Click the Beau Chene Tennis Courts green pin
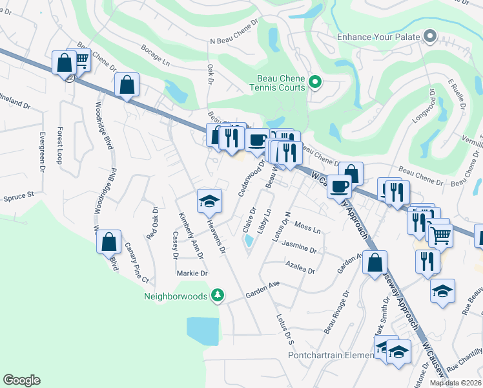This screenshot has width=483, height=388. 315,82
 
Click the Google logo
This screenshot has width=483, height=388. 21,380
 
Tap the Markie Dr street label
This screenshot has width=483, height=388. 192,274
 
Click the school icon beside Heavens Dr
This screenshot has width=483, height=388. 210,201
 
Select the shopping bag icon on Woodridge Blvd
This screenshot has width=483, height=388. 109,242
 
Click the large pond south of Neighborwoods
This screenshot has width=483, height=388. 203,330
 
